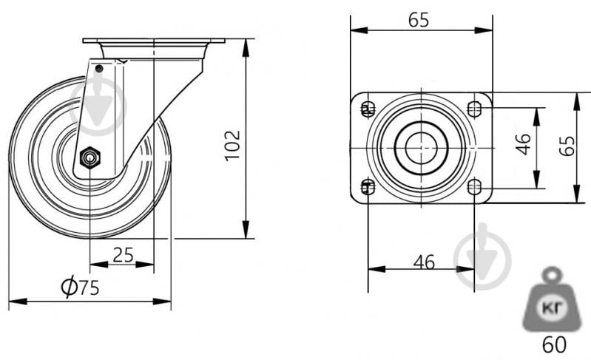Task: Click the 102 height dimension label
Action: click(232, 146)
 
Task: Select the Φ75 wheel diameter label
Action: click(81, 287)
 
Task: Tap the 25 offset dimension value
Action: click(124, 255)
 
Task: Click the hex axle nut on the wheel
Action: click(90, 157)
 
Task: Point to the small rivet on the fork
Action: click(99, 69)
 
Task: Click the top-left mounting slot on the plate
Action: click(368, 109)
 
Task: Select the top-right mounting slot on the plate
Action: click(474, 109)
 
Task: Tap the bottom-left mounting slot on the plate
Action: click(368, 187)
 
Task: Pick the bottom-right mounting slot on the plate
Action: click(474, 187)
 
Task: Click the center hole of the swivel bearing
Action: click(422, 148)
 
